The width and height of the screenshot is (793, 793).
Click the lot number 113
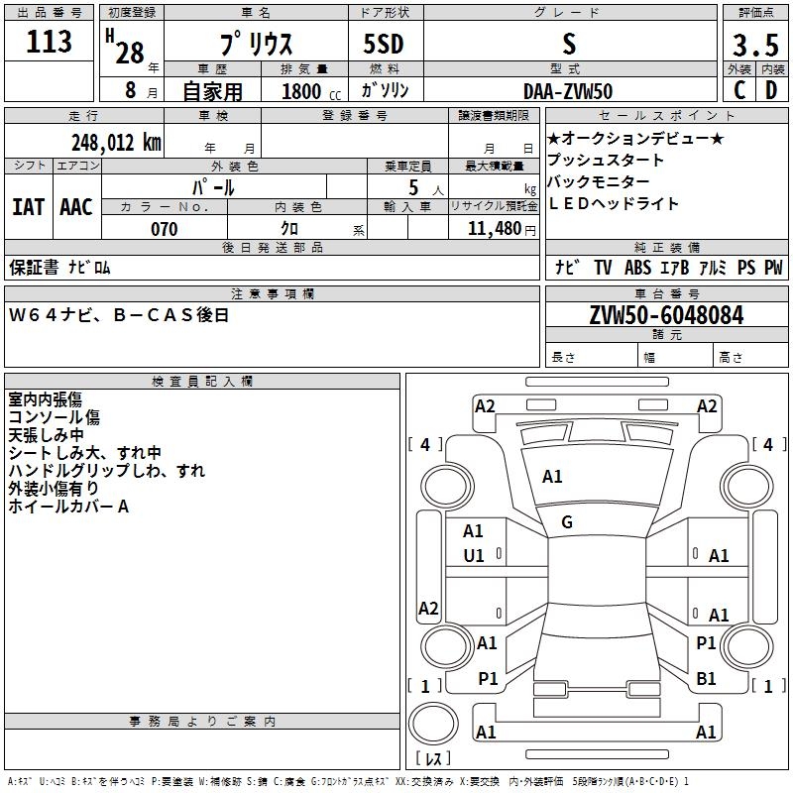50,43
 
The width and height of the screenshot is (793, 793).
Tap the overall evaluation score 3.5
754,46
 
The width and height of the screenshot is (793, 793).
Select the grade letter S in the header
568,44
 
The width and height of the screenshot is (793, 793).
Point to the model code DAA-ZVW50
568,91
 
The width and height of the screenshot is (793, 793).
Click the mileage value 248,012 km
116,142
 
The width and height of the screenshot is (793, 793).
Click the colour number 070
165,229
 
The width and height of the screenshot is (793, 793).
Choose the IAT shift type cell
28,207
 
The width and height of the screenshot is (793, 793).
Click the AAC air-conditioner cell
76,207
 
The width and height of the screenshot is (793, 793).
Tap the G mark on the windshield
567,522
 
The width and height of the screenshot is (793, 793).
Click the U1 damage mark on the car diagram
474,556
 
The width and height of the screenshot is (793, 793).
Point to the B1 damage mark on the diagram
706,679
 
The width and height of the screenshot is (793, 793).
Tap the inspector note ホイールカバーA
68,507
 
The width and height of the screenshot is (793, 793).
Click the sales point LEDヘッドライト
614,203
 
